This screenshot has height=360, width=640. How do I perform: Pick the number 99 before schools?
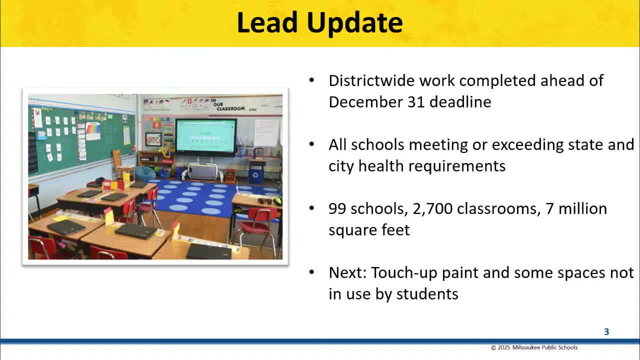pos(337,208)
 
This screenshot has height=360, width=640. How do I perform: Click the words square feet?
pos(369,230)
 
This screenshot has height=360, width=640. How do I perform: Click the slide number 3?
pos(606,331)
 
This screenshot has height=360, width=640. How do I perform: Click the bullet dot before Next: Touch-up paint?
pos(312,272)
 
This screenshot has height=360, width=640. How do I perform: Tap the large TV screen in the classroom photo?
pos(205,135)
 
